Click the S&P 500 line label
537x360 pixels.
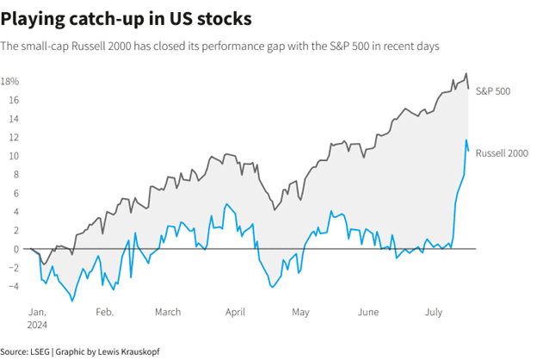[x=494, y=90]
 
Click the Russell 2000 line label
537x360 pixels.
[x=501, y=152]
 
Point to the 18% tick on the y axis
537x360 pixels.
[x=10, y=82]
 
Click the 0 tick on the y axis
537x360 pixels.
[x=16, y=249]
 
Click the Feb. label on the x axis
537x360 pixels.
[x=104, y=313]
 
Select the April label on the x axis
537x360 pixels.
[x=235, y=313]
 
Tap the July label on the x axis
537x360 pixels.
[x=434, y=313]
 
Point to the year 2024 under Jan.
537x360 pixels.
[x=38, y=325]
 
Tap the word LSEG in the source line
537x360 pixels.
[x=40, y=351]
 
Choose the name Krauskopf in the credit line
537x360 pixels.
[x=139, y=351]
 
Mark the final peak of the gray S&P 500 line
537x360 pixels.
[x=466, y=74]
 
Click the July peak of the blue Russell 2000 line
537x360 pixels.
[x=466, y=140]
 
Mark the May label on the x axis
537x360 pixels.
[x=300, y=313]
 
